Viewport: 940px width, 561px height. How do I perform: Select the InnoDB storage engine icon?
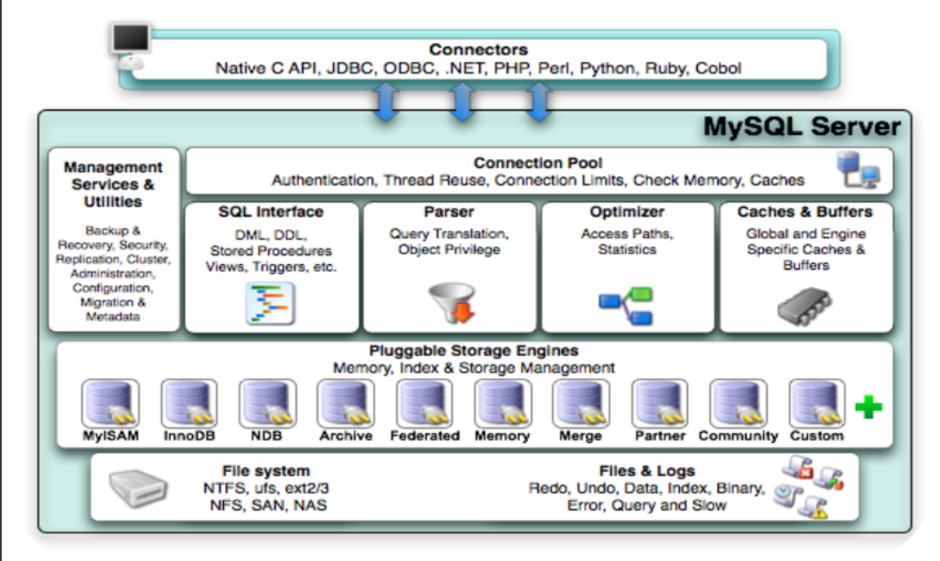click(x=188, y=403)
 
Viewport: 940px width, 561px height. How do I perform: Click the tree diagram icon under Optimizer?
click(x=626, y=305)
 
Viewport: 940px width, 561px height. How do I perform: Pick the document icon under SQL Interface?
click(x=270, y=303)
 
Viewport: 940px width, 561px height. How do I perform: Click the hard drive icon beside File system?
click(x=138, y=488)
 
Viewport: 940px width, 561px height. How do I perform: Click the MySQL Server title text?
click(x=801, y=126)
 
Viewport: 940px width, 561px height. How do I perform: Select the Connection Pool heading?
click(x=538, y=163)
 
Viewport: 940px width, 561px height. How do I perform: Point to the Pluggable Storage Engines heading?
click(x=473, y=352)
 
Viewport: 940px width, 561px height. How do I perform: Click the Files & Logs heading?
click(x=646, y=471)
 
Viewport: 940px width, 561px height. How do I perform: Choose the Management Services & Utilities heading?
click(x=113, y=184)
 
